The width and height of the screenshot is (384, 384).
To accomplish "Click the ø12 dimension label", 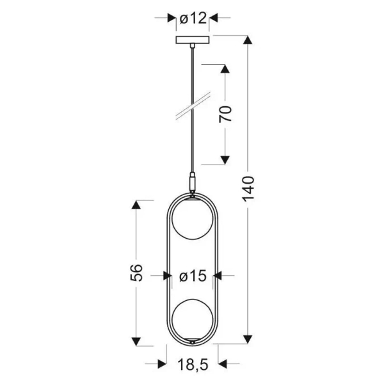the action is (193, 18).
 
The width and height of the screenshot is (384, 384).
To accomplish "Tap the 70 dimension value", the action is (225, 114).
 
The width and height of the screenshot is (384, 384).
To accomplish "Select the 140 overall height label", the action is (248, 189).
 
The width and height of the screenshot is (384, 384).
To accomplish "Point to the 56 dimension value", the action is (136, 273).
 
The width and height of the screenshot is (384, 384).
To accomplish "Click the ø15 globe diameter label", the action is (193, 276).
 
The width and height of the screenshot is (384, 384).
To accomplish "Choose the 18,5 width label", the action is (193, 365).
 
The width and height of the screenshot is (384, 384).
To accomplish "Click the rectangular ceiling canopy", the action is (193, 40).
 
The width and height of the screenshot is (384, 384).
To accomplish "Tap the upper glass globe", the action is (193, 219).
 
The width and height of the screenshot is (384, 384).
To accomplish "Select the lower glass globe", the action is (193, 319).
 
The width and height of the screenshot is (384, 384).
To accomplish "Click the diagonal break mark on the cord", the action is (193, 106).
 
